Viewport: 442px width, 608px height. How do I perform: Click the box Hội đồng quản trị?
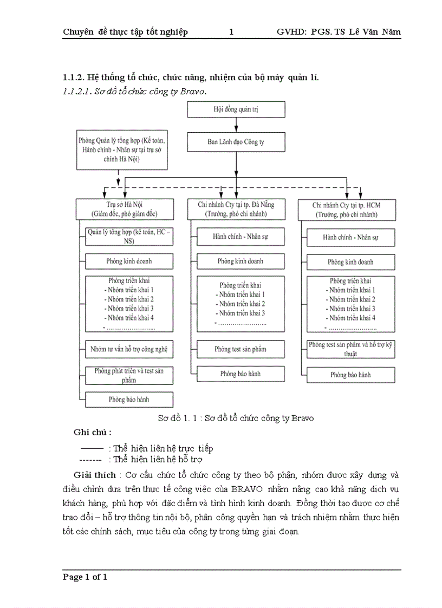(x=236, y=109)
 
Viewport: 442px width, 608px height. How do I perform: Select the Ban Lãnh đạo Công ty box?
(x=236, y=142)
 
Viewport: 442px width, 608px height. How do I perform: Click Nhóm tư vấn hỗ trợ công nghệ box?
(x=129, y=349)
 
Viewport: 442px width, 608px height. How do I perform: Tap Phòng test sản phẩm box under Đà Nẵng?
(x=240, y=349)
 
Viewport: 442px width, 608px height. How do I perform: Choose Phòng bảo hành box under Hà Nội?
(x=128, y=400)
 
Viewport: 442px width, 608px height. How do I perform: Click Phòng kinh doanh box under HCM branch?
(x=350, y=262)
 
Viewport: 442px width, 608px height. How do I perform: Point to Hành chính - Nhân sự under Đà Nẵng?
(x=240, y=237)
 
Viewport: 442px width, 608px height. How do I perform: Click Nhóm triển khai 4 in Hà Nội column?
(x=129, y=318)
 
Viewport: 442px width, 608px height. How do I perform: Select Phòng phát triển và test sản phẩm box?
(x=128, y=375)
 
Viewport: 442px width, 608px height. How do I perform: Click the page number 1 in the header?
(x=231, y=32)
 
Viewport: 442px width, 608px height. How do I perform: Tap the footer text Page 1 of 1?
(x=85, y=577)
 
